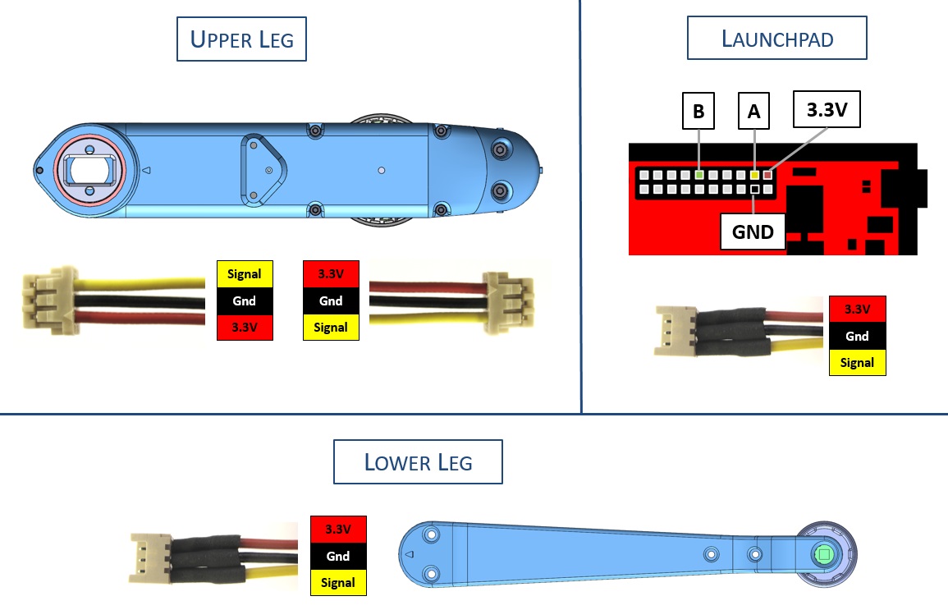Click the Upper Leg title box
pos(241,39)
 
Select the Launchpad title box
pos(776,38)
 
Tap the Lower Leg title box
pos(418,462)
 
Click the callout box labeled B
pos(698,112)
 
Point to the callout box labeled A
pos(754,112)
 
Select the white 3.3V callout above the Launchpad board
pos(827,110)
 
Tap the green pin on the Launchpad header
pos(698,175)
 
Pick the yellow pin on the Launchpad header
pos(754,175)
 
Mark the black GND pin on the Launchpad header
pos(754,190)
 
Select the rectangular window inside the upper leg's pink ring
pos(90,170)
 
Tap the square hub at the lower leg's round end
pos(823,555)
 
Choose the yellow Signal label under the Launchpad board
pos(857,363)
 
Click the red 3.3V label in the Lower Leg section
pos(337,530)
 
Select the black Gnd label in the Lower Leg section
pos(337,556)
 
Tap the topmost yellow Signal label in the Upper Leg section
pos(243,274)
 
